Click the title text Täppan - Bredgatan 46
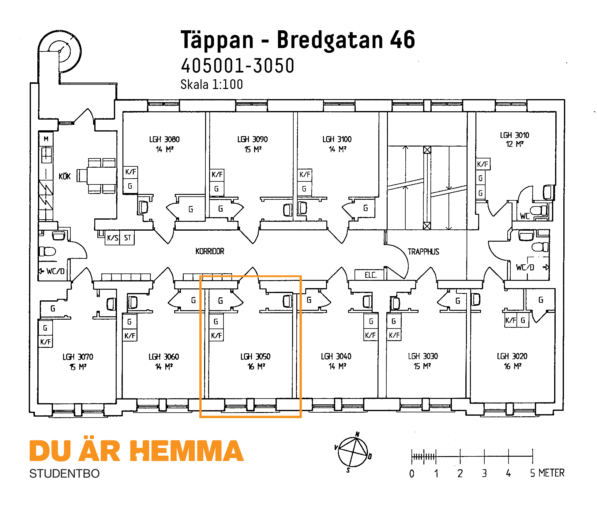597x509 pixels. tap(298, 40)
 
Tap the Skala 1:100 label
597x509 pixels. tap(212, 84)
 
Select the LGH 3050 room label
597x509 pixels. tap(255, 357)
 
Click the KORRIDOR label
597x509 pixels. tap(210, 251)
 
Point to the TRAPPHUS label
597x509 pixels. tap(423, 252)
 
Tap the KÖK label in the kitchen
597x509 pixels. tap(65, 176)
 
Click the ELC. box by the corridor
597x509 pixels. tap(370, 275)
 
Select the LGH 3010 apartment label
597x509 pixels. tap(514, 136)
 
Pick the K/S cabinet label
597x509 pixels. tap(112, 238)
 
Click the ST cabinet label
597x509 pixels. tap(127, 238)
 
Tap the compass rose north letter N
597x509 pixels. tap(357, 434)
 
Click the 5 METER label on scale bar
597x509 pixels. tap(547, 473)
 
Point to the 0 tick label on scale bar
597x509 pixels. tap(412, 474)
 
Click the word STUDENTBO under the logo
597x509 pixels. tap(64, 474)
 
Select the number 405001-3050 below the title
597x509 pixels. tap(238, 66)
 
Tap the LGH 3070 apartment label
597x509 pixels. tap(78, 357)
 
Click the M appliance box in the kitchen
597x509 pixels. tap(46, 139)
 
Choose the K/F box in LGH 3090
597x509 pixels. tap(217, 175)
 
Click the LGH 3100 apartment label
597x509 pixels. tap(337, 139)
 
